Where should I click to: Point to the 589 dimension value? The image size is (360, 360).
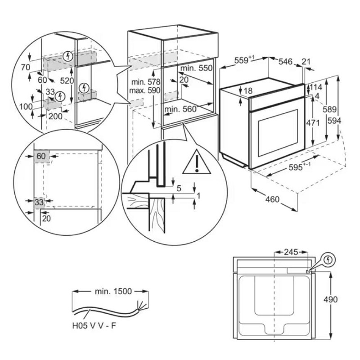click(x=332, y=109)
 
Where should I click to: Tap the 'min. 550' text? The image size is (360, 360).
click(x=196, y=68)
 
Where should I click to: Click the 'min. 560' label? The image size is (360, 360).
click(x=181, y=109)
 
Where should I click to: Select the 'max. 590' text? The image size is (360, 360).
click(x=144, y=90)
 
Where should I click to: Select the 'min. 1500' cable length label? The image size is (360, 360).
click(x=113, y=291)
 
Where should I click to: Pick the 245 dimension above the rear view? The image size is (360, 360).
click(x=291, y=252)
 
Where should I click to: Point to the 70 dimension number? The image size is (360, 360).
click(x=25, y=67)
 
